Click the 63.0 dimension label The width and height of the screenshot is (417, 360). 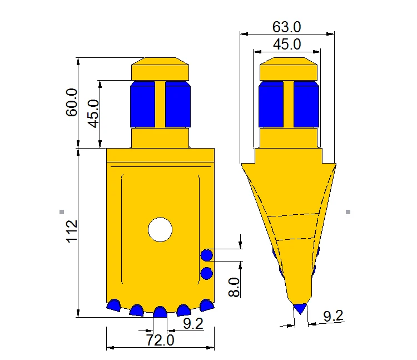(286, 27)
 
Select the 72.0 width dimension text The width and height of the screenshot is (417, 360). (160, 341)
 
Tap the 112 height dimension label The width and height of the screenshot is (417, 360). (72, 231)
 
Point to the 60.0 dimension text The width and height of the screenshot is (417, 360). (72, 102)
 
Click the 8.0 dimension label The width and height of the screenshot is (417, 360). (234, 287)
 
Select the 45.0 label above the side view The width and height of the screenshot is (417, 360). (287, 44)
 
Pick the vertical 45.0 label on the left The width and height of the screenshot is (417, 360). (93, 114)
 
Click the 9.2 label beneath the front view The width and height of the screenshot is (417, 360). (193, 323)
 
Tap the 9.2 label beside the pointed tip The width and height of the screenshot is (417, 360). (333, 316)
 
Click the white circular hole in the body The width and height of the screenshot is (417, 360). (160, 230)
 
